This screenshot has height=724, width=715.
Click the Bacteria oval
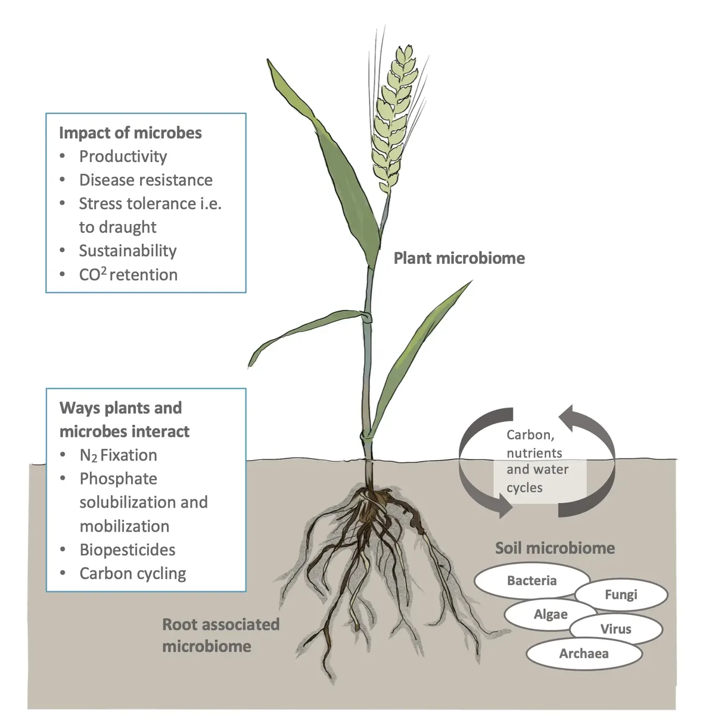click(531, 580)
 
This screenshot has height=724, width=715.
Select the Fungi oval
click(621, 595)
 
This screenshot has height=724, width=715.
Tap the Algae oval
click(550, 614)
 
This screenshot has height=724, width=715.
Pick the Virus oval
click(615, 629)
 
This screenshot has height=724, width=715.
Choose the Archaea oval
click(583, 654)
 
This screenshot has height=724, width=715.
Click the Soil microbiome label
click(555, 548)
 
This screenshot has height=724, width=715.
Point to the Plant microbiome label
click(459, 258)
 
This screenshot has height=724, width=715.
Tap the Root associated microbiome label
click(220, 635)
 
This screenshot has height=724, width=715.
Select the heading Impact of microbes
click(130, 132)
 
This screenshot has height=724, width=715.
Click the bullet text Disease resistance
click(145, 180)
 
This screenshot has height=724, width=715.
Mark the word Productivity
click(123, 156)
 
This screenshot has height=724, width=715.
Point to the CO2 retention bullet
click(128, 275)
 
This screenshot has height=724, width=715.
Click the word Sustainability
click(128, 251)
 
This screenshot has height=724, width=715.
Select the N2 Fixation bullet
click(118, 455)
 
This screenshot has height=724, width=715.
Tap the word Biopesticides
click(127, 550)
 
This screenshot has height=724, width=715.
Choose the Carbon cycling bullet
click(132, 573)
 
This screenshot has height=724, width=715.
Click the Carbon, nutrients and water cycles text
click(536, 461)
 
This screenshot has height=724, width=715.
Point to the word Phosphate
click(118, 479)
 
